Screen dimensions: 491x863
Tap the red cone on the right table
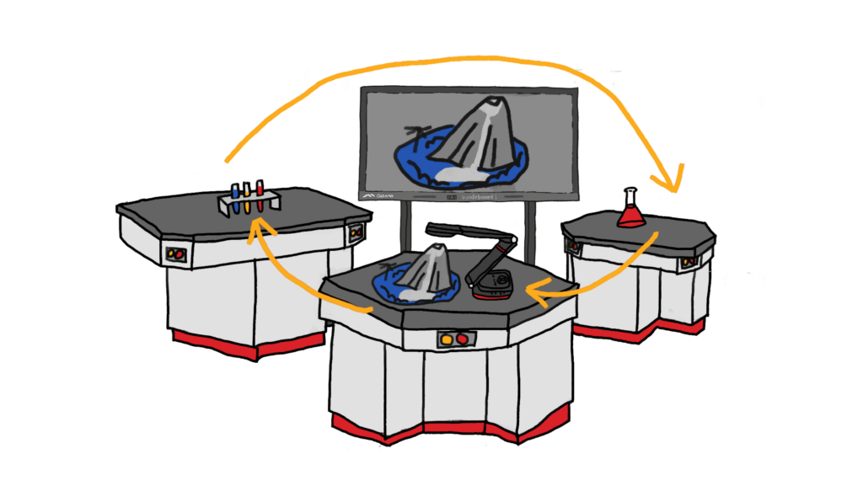630,218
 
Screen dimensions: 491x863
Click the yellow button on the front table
447,339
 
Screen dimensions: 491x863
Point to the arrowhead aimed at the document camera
537,291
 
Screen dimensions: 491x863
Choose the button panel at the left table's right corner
356,232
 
